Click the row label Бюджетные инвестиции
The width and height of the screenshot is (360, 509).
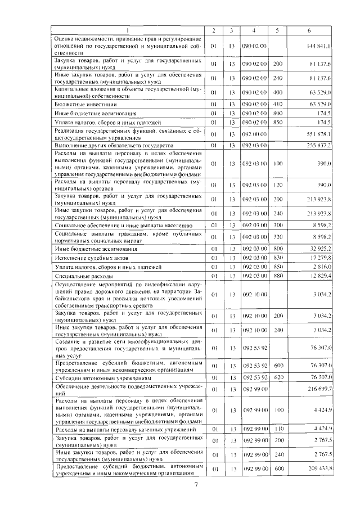tap(78, 105)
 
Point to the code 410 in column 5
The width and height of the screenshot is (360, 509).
tap(277, 105)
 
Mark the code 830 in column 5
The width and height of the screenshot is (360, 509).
tap(277, 257)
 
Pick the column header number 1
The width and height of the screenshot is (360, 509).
tap(128, 30)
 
